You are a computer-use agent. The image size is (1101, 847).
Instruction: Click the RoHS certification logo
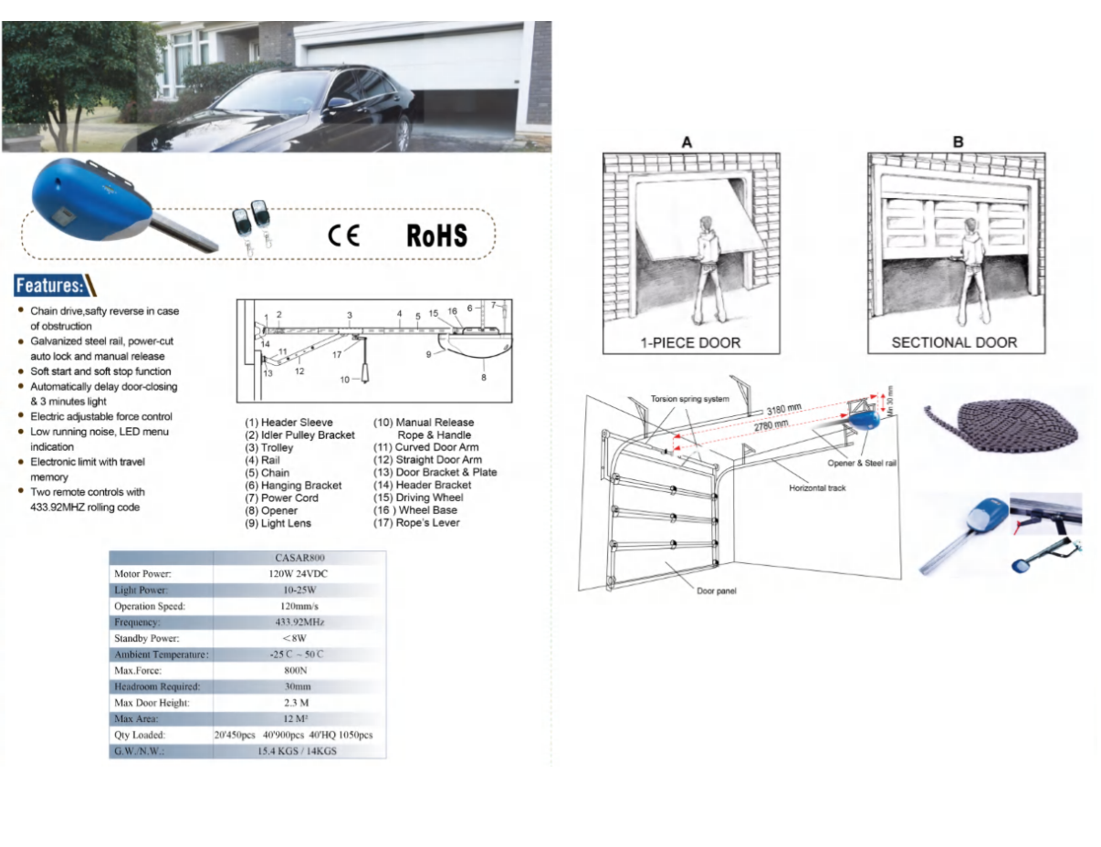(436, 235)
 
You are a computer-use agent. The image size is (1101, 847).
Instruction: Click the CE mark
(344, 235)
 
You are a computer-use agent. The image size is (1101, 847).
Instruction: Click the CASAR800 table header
(299, 557)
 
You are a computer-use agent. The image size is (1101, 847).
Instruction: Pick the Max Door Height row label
(152, 703)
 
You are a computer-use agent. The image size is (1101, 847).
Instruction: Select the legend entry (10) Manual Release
(424, 423)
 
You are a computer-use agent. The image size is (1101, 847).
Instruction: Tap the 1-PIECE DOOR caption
(690, 343)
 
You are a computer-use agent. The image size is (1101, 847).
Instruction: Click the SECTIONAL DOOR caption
(954, 343)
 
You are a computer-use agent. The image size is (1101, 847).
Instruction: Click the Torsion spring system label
(689, 400)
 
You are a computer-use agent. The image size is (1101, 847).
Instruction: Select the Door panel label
(716, 591)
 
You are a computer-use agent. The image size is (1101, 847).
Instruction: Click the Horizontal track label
(817, 488)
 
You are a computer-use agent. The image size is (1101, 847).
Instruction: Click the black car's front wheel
(402, 134)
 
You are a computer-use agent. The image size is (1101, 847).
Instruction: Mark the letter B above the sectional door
(958, 142)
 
